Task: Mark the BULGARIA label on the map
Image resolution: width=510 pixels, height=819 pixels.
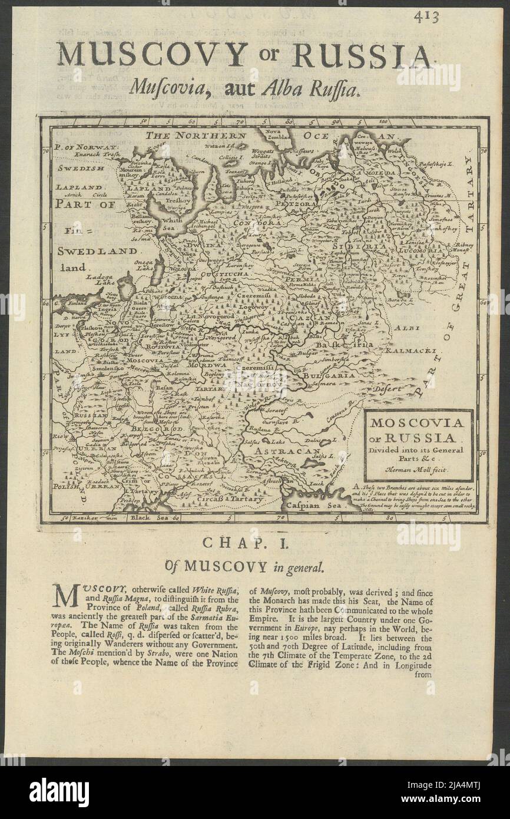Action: (x=329, y=375)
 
